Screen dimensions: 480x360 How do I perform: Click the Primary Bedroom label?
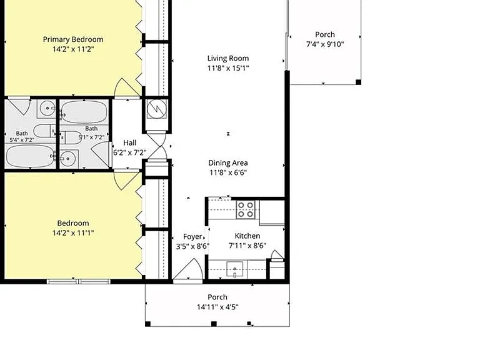[x=73, y=39]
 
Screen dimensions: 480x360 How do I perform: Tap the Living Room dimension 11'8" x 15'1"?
[x=228, y=68]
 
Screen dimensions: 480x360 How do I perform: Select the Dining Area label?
[x=228, y=163]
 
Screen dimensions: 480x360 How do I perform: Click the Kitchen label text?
[x=247, y=236]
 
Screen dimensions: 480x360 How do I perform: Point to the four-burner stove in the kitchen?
[x=246, y=210]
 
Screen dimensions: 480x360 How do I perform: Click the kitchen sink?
[x=235, y=269]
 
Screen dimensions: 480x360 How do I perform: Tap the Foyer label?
[x=193, y=237]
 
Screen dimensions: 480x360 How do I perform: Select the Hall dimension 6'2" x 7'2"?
[x=130, y=152]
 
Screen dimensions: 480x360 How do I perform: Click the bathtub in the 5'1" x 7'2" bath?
[x=84, y=112]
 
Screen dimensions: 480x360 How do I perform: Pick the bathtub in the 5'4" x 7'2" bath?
[x=30, y=156]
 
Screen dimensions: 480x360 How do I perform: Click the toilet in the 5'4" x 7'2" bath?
[x=44, y=131]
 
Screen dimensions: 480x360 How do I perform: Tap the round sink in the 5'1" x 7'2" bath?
[x=68, y=158]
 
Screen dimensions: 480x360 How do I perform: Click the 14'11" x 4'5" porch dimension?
[x=217, y=307]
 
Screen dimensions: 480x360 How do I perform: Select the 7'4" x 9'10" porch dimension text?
[x=325, y=44]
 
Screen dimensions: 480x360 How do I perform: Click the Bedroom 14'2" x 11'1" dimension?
[x=73, y=233]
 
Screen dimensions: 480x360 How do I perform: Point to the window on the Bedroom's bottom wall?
[x=78, y=281]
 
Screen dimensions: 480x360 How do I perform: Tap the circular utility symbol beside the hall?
[x=157, y=109]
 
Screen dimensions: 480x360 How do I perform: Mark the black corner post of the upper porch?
[x=359, y=82]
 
